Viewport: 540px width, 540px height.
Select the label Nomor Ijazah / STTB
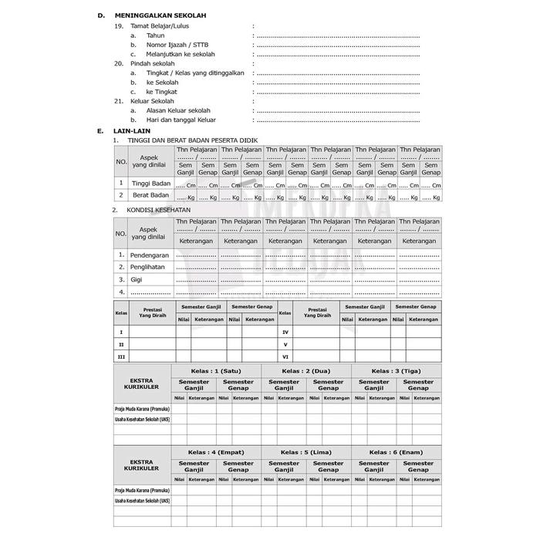[x=177, y=45]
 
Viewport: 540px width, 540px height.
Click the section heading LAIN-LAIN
[x=130, y=131]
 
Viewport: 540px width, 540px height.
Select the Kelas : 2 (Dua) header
[x=306, y=370]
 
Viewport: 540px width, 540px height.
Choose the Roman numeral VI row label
[x=285, y=356]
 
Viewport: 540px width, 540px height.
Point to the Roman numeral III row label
[x=120, y=356]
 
